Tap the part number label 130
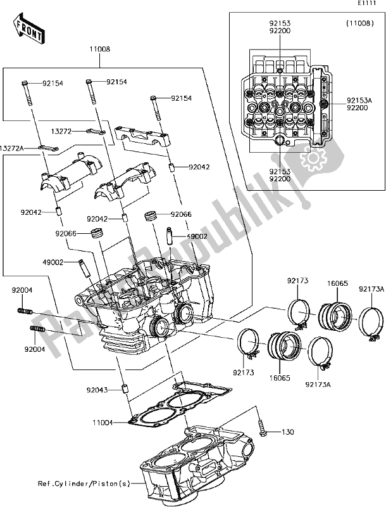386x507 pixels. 288,433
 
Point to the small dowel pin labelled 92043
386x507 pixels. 126,389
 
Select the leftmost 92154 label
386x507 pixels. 54,83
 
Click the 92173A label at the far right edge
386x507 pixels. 373,290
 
